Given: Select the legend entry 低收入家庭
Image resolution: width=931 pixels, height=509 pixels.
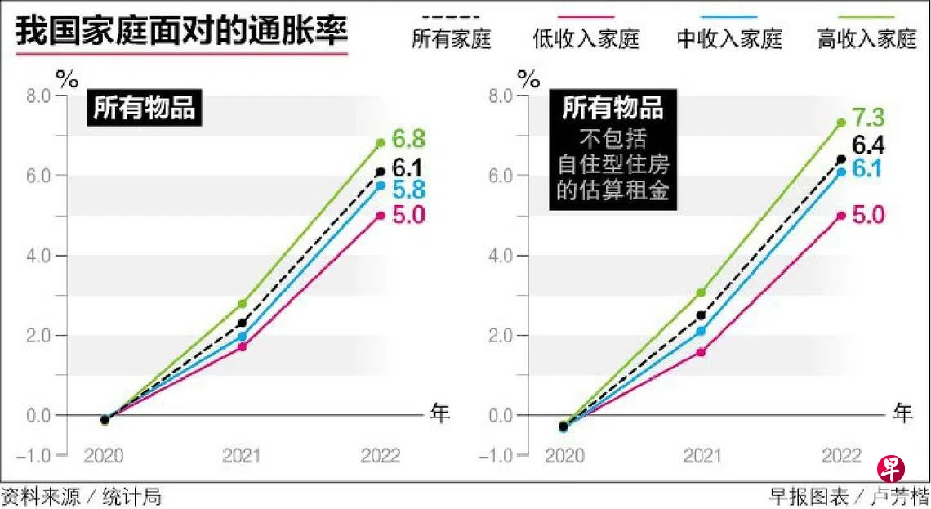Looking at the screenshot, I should click(586, 38).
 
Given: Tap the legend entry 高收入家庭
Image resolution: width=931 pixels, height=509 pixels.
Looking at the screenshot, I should click(867, 38).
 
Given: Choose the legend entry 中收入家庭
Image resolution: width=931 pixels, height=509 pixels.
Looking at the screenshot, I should click(729, 38).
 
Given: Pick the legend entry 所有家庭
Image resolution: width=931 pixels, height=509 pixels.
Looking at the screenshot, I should click(452, 38).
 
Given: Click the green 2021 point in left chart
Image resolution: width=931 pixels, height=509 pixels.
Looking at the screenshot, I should click(242, 303).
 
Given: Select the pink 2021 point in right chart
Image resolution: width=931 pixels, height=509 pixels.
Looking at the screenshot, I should click(701, 352).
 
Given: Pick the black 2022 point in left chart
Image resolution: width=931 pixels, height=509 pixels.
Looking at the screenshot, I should click(381, 172).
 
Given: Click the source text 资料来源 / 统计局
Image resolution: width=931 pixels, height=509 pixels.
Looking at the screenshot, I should click(81, 496).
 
